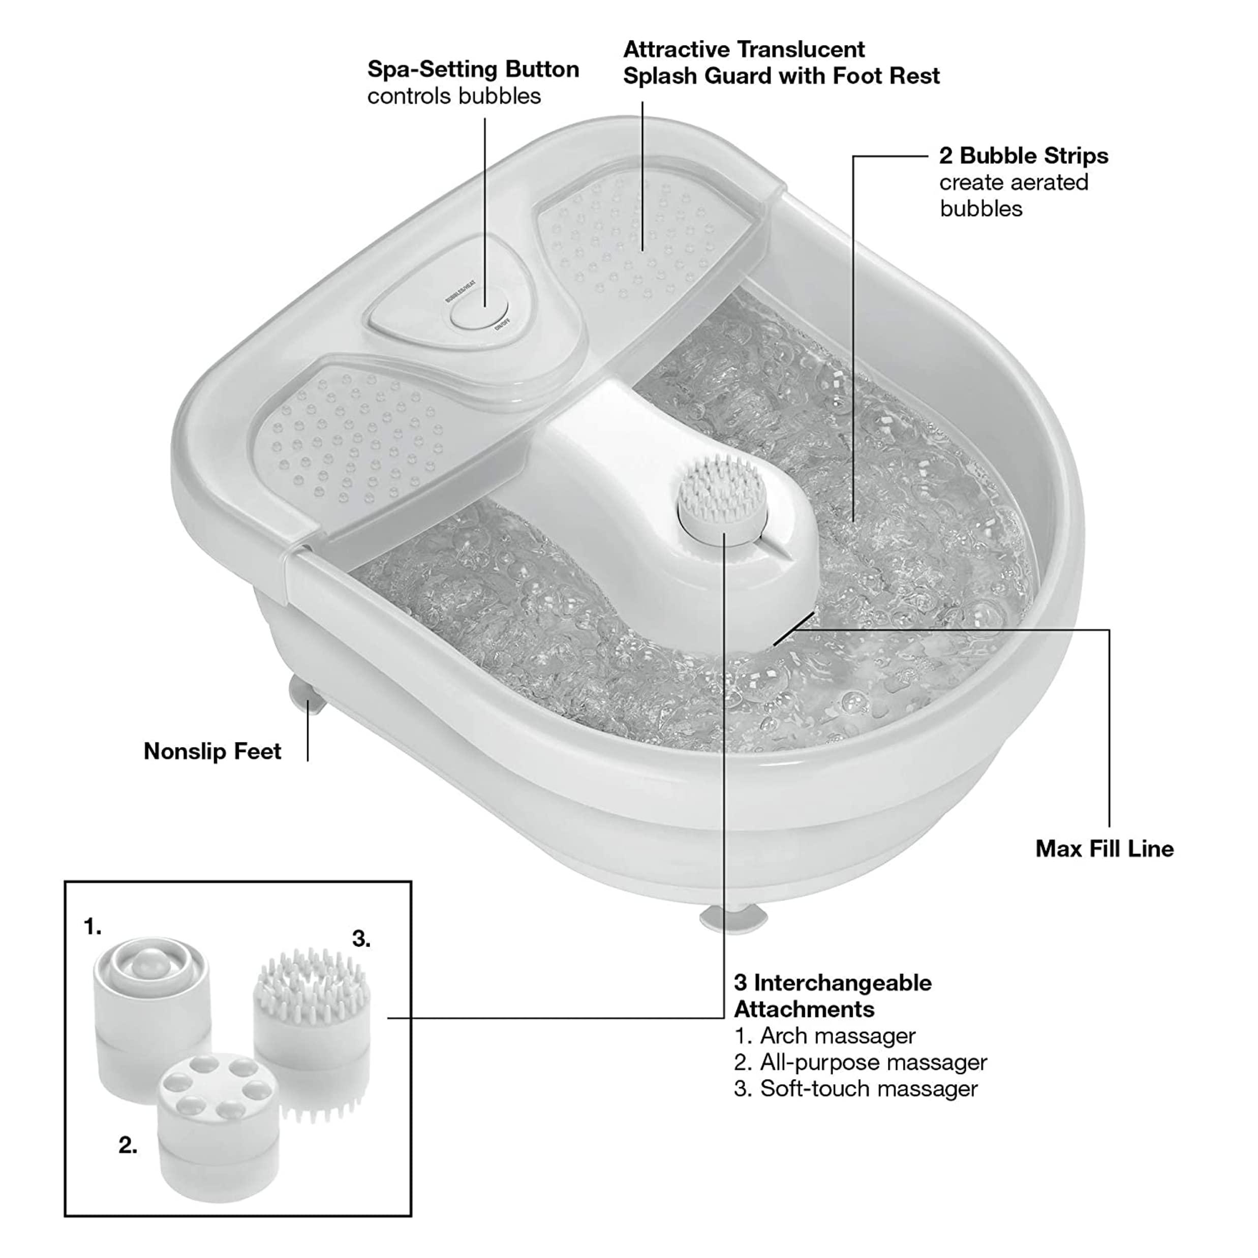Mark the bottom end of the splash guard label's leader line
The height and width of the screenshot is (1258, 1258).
pyautogui.click(x=642, y=250)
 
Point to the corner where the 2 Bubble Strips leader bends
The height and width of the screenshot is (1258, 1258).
pyautogui.click(x=853, y=156)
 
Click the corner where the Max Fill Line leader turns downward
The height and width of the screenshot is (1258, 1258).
pyautogui.click(x=1109, y=630)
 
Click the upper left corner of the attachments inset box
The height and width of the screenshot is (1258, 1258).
pyautogui.click(x=65, y=882)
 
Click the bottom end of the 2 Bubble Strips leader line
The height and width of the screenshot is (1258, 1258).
pyautogui.click(x=853, y=521)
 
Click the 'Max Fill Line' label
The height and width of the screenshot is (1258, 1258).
pyautogui.click(x=1104, y=848)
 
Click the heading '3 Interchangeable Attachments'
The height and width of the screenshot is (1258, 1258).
pyautogui.click(x=833, y=996)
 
